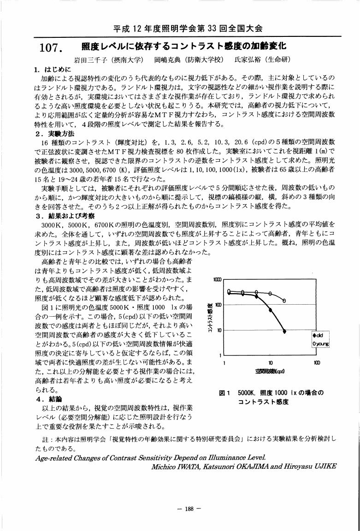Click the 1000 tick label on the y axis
coord(218,280)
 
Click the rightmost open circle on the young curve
coord(284,301)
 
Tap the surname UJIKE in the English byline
coord(325,466)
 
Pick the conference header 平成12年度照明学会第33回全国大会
coord(188,29)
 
